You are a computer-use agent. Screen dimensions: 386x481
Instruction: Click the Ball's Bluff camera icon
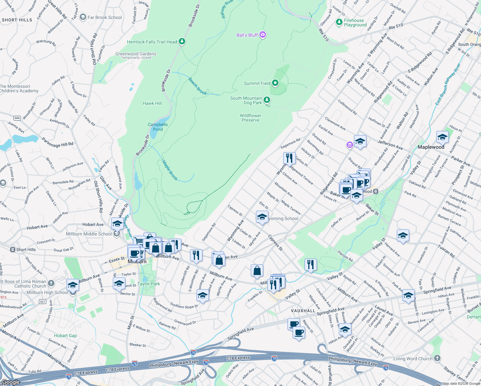[x=263, y=35]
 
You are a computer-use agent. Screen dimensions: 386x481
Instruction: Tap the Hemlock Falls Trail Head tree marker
[x=182, y=41]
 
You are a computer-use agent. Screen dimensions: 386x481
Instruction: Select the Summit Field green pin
[x=275, y=83]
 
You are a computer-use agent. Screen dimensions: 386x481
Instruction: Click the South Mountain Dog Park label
[x=246, y=100]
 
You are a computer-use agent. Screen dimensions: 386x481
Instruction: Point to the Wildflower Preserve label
[x=250, y=118]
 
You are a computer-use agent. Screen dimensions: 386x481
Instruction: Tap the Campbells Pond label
[x=158, y=127]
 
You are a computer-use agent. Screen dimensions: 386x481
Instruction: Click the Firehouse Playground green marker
[x=339, y=22]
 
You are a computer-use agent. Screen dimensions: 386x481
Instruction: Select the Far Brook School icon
[x=83, y=17]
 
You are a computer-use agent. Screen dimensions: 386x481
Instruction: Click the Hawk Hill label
[x=152, y=103]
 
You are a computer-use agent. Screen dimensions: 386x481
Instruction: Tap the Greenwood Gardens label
[x=136, y=54]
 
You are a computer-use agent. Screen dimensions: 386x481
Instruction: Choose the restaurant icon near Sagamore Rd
[x=289, y=158]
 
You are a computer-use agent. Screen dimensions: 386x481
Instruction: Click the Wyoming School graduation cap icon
[x=262, y=217]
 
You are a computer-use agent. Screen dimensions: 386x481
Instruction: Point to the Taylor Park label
[x=149, y=284]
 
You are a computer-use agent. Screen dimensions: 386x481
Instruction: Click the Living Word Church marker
[x=437, y=358]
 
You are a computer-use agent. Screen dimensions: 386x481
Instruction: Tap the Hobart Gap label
[x=65, y=335]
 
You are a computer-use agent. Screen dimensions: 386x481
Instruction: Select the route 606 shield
[x=17, y=118]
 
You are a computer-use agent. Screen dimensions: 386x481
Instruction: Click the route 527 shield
[x=42, y=301]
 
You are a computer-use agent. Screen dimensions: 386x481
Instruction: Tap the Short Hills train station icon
[x=13, y=250]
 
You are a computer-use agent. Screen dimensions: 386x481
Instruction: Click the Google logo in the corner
[x=11, y=382]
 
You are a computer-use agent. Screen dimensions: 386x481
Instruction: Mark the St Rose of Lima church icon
[x=51, y=283]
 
